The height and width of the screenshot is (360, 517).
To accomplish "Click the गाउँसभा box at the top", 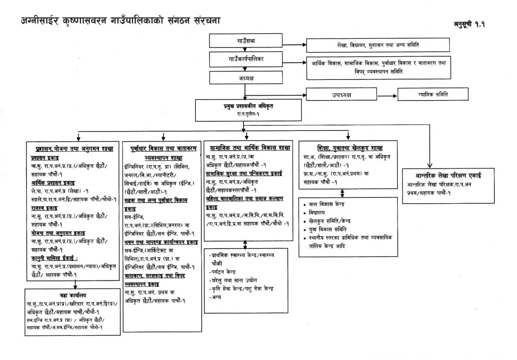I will coord(245,41).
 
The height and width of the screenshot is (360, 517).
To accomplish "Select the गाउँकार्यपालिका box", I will coord(246,59).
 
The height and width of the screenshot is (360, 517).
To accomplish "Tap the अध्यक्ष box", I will coord(246,78).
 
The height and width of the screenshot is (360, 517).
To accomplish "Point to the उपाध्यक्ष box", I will coord(341,95).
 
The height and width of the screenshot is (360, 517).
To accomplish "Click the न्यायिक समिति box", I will coord(433,95).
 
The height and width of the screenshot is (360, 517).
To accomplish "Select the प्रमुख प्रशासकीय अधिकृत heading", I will coord(248,106).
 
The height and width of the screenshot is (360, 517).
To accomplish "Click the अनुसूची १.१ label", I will coord(469,24).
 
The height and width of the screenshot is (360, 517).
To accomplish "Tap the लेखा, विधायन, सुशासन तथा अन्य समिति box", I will coord(378,45).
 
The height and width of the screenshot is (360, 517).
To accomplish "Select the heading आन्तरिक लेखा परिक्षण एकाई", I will coord(448,176).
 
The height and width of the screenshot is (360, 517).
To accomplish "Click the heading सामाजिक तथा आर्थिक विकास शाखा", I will coord(250,148).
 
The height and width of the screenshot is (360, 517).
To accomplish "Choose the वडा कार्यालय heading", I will coord(73,296).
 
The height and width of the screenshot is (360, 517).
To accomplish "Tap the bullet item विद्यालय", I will coord(317,213).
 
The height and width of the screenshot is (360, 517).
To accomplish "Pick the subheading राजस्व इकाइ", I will coord(44,208).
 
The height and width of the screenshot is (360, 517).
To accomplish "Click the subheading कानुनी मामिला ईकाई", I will coord(54,258).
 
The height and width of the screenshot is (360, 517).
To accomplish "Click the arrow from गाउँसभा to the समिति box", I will coord(294,45).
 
